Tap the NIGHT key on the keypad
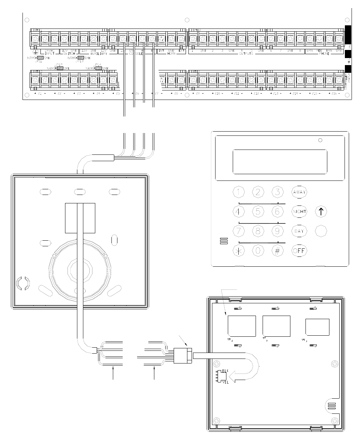pos(299,211)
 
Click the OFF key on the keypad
pos(299,251)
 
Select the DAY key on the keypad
pos(299,231)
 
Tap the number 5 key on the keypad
pos(258,211)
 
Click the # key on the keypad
pos(277,251)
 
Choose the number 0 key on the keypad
pos(258,251)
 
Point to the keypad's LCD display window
pos(280,162)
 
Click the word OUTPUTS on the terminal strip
pos(246,54)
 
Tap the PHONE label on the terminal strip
pos(324,54)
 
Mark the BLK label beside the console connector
pos(225,371)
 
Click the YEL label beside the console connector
pos(225,382)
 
